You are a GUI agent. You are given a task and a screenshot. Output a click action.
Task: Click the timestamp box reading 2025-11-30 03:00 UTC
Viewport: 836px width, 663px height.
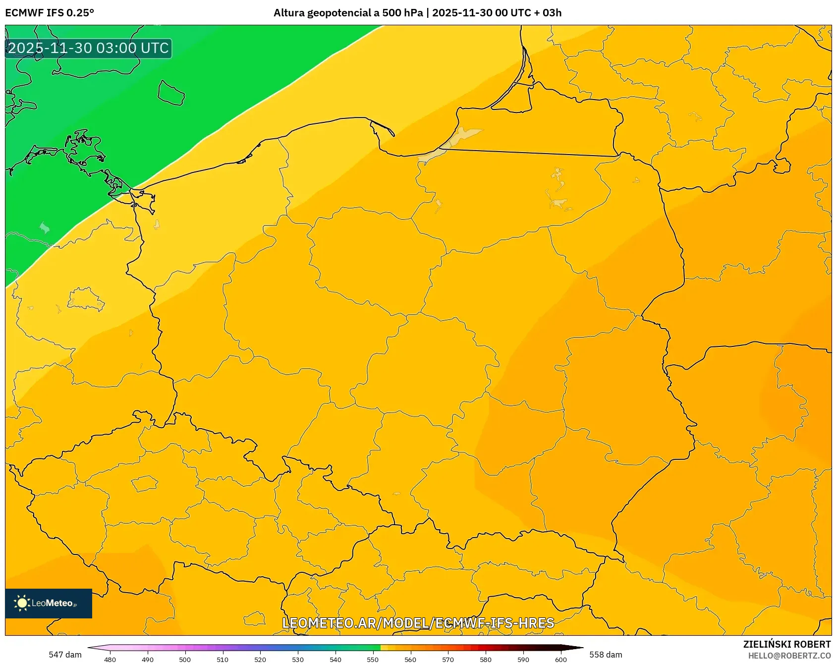(88, 49)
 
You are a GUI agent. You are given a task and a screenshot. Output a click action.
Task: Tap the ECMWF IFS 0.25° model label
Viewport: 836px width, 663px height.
(50, 13)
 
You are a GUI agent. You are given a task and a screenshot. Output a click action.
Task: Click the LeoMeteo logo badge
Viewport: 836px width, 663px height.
(49, 603)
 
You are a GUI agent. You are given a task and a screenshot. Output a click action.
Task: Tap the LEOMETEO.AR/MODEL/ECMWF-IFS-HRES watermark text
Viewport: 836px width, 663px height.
(418, 623)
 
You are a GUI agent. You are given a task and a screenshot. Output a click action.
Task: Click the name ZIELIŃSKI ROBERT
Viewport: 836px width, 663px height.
(786, 644)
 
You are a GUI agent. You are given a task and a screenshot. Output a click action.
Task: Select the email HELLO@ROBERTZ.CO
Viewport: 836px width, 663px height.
(789, 656)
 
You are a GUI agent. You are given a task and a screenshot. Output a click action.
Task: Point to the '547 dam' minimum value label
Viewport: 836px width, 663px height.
(65, 655)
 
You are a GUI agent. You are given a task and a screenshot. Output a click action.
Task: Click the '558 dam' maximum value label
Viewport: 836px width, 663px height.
(606, 655)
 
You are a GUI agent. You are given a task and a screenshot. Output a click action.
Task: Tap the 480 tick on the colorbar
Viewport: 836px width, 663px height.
(110, 660)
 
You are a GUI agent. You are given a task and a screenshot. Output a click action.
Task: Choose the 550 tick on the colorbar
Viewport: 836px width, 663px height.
(373, 660)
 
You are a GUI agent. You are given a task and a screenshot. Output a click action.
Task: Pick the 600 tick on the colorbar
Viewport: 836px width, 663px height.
(561, 660)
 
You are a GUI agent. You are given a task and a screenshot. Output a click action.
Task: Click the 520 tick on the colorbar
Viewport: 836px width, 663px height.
(260, 660)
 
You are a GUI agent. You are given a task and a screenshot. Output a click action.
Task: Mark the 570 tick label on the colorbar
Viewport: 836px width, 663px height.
(448, 660)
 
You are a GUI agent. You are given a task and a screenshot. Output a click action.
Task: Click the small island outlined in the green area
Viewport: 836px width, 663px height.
(171, 93)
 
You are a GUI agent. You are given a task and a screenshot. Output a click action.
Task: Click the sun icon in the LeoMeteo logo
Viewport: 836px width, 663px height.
(22, 603)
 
